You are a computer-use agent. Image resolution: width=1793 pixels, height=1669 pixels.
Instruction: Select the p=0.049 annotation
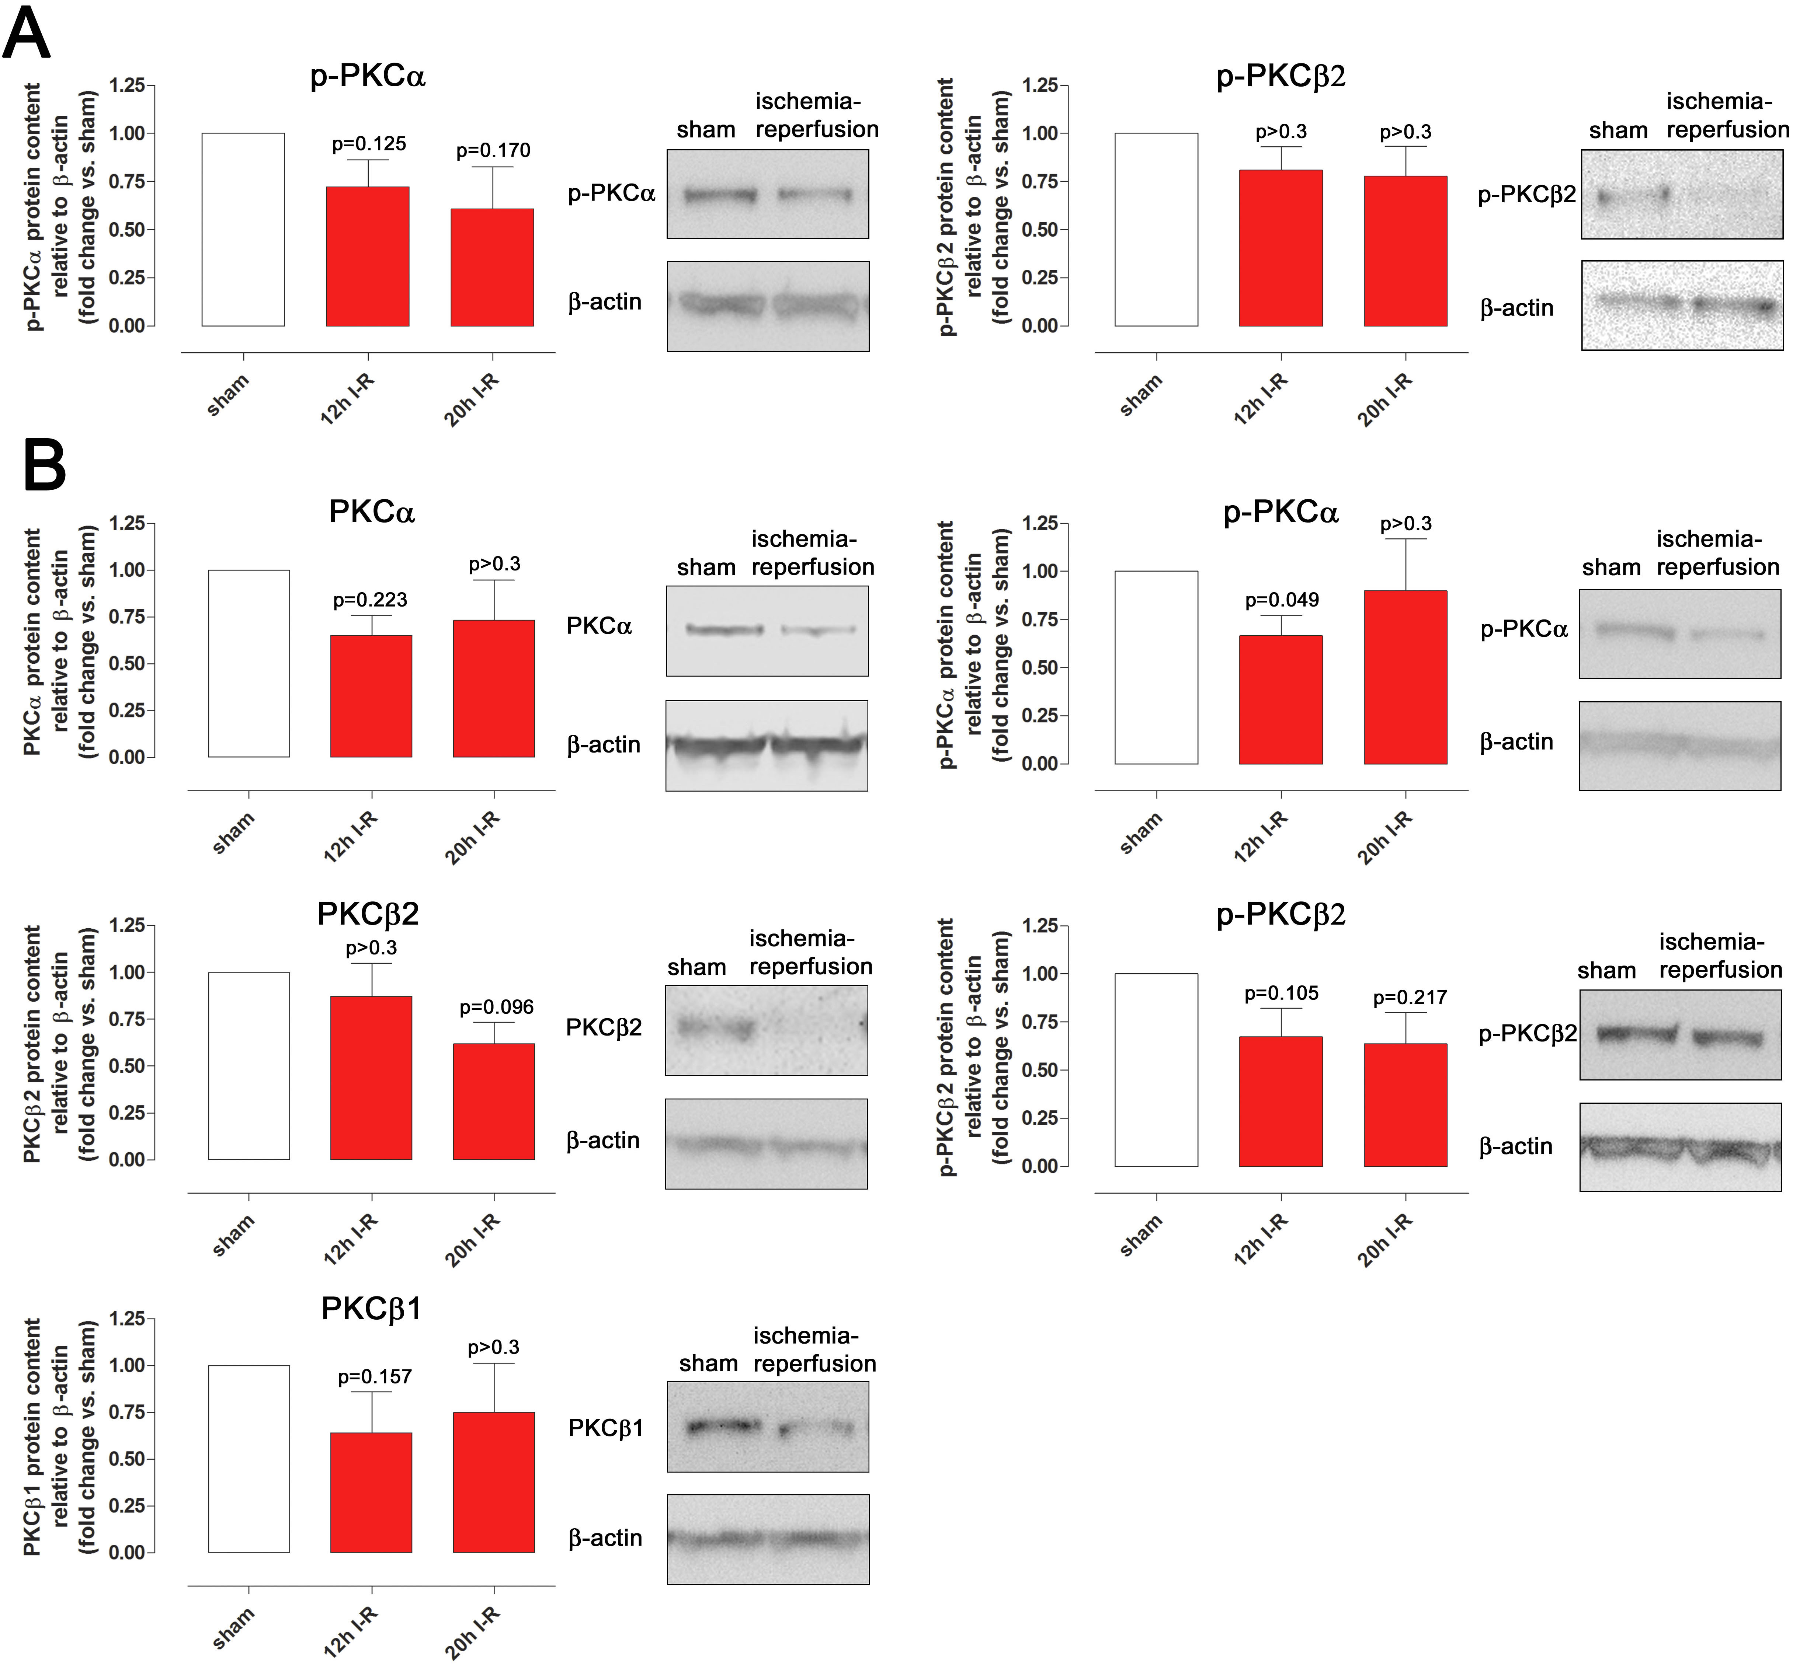[1282, 600]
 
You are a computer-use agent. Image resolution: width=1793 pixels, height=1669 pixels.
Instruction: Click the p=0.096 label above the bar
[496, 1007]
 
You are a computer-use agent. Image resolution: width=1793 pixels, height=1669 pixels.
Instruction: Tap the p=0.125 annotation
[369, 143]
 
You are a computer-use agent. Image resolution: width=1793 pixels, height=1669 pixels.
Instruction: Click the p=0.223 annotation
[370, 600]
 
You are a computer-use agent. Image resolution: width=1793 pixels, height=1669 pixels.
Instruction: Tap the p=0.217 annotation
[1409, 998]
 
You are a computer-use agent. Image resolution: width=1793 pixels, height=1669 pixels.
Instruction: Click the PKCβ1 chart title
[372, 1308]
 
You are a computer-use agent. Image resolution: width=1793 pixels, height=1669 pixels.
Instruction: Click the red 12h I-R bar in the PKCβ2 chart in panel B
[371, 1078]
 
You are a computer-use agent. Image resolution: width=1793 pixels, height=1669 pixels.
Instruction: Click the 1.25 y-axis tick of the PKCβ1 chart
[126, 1319]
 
